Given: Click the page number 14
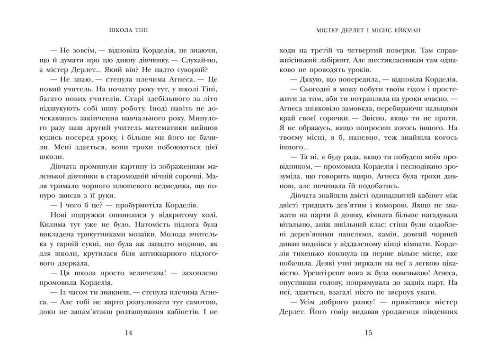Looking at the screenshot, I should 128,333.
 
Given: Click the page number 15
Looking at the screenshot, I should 369,333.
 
